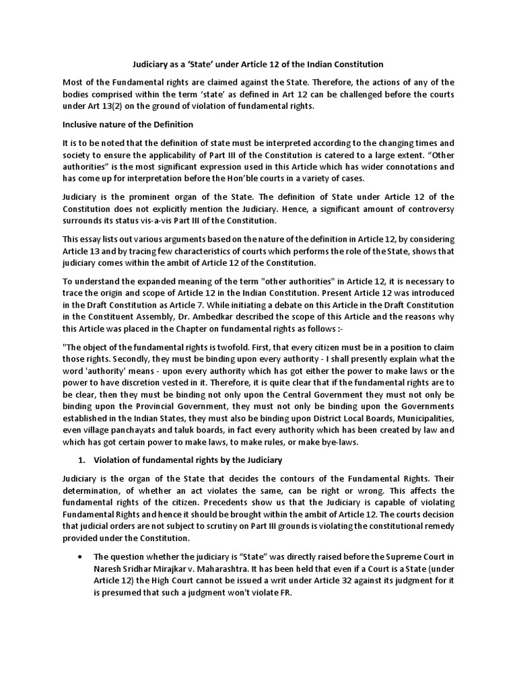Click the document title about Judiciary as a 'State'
pyautogui.click(x=259, y=65)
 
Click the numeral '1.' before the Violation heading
pyautogui.click(x=81, y=460)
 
